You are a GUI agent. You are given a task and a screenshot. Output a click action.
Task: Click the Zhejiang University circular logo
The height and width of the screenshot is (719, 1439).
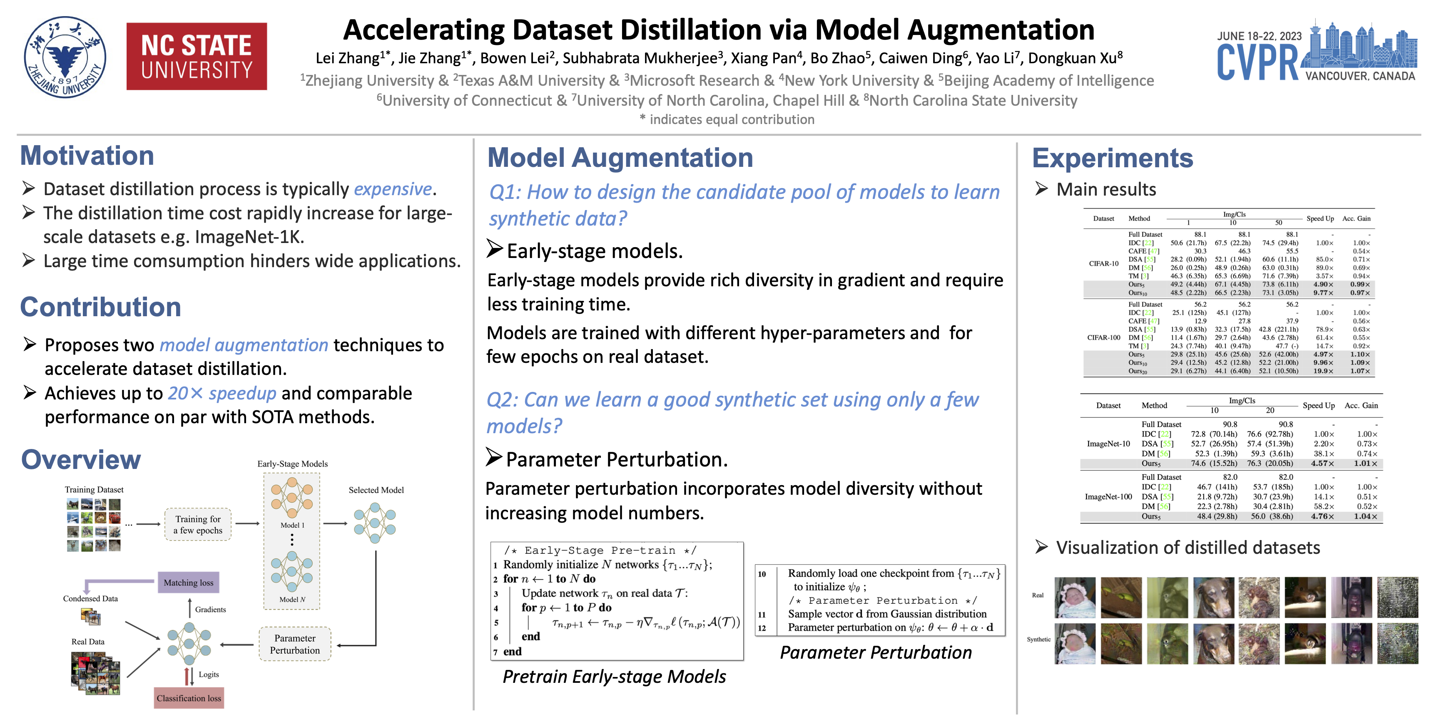pyautogui.click(x=65, y=57)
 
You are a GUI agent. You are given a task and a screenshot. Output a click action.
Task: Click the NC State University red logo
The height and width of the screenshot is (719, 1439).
pyautogui.click(x=197, y=57)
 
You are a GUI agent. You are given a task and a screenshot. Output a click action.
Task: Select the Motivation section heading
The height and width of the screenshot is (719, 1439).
pyautogui.click(x=87, y=156)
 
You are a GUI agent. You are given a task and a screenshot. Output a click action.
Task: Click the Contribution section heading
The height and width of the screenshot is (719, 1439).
pyautogui.click(x=100, y=307)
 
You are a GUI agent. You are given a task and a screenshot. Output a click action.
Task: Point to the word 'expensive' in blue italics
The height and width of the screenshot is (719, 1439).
pyautogui.click(x=393, y=189)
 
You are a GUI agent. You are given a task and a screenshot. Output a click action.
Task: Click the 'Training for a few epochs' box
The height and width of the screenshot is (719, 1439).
pyautogui.click(x=198, y=525)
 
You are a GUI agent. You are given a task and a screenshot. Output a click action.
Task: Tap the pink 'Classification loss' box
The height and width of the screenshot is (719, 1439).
pyautogui.click(x=189, y=698)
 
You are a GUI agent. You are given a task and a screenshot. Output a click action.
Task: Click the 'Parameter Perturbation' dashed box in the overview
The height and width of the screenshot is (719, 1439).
pyautogui.click(x=295, y=644)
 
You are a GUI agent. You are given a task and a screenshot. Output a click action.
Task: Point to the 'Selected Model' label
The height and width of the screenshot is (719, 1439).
pyautogui.click(x=376, y=490)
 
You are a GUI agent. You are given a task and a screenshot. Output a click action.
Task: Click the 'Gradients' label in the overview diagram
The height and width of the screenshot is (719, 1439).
pyautogui.click(x=211, y=610)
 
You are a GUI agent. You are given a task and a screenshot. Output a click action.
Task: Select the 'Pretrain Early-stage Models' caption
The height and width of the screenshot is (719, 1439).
pyautogui.click(x=614, y=677)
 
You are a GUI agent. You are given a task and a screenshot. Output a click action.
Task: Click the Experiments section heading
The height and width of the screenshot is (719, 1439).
pyautogui.click(x=1112, y=159)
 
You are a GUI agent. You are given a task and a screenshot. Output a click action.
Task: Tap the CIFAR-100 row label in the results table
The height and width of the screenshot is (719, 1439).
pyautogui.click(x=1103, y=338)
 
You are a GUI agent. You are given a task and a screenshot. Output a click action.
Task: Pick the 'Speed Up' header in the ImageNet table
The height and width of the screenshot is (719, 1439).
pyautogui.click(x=1318, y=406)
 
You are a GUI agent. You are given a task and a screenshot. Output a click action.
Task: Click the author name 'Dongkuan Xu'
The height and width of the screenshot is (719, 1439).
pyautogui.click(x=1072, y=58)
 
